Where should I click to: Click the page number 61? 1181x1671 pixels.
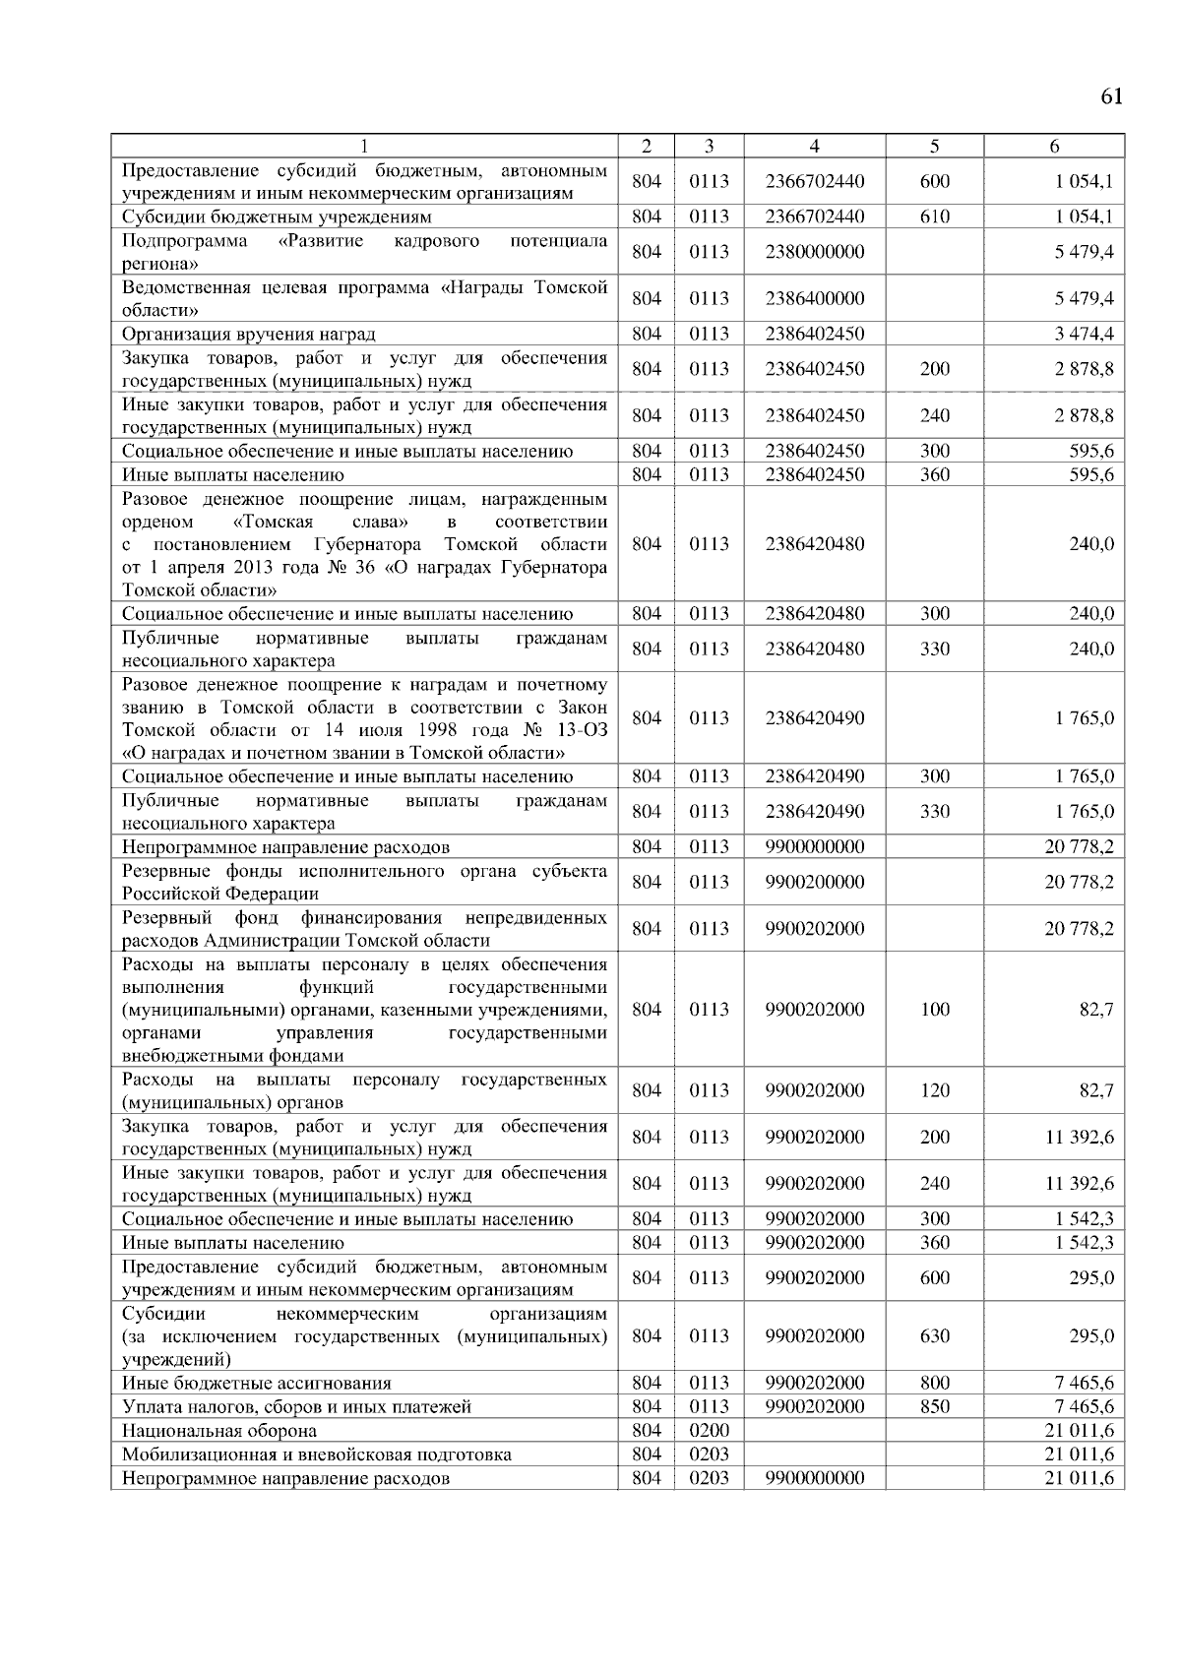(x=1111, y=95)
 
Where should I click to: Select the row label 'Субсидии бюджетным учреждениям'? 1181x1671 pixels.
(x=277, y=217)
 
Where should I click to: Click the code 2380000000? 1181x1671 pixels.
(x=814, y=252)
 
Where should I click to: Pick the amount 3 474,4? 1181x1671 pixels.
(x=1084, y=334)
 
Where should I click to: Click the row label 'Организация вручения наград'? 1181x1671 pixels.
(x=248, y=334)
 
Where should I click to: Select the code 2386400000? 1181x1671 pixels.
(x=814, y=298)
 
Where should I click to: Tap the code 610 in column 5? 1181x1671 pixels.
(x=934, y=217)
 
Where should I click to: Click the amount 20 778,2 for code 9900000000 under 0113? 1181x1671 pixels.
(x=1079, y=846)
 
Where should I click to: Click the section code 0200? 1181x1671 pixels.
(x=709, y=1431)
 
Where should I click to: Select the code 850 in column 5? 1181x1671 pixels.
(x=934, y=1407)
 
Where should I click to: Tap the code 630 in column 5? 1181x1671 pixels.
(x=934, y=1336)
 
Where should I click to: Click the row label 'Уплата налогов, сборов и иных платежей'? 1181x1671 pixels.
(x=296, y=1407)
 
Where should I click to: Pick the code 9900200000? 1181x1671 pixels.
(x=814, y=882)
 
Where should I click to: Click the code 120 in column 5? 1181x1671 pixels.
(x=934, y=1090)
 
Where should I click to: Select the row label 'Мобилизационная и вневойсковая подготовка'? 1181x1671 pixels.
(x=316, y=1454)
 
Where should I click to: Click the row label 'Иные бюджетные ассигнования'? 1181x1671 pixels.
(x=256, y=1384)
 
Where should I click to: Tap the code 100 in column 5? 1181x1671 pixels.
(x=934, y=1010)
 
